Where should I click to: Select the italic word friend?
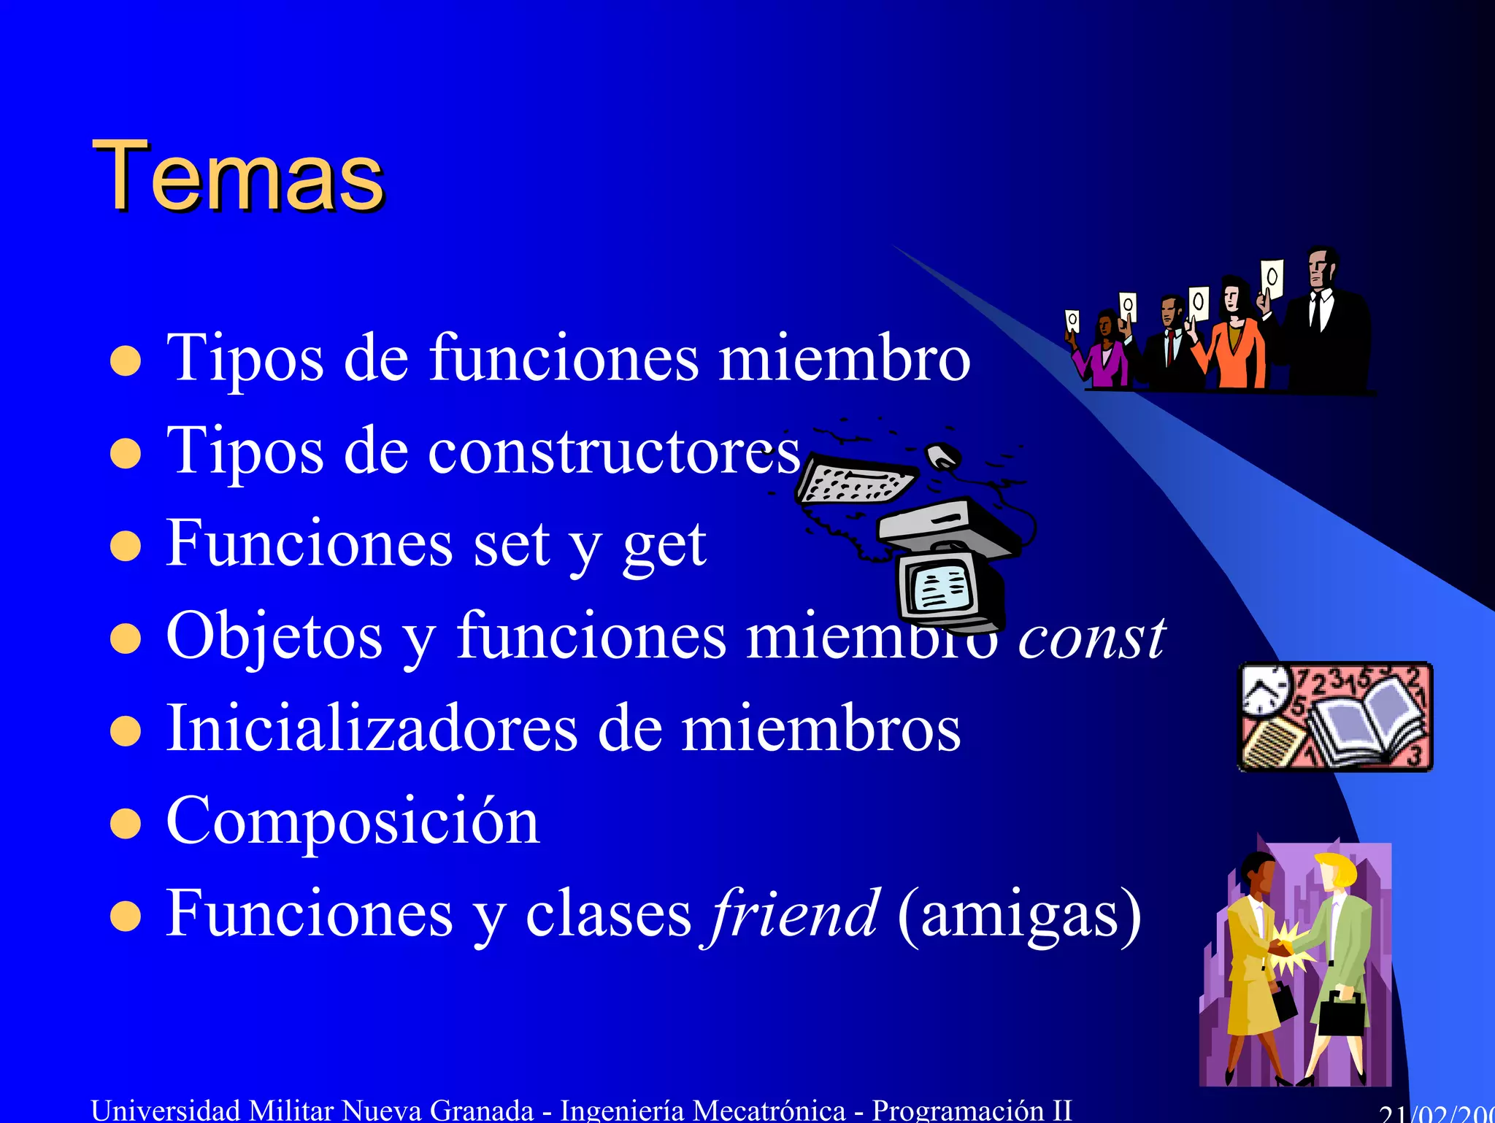pyautogui.click(x=793, y=914)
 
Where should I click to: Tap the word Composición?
pyautogui.click(x=353, y=822)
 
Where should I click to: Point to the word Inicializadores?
pyautogui.click(x=372, y=729)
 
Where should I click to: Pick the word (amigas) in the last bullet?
pyautogui.click(x=1019, y=915)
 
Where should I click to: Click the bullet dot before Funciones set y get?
pyautogui.click(x=126, y=547)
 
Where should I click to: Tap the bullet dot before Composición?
pyautogui.click(x=126, y=824)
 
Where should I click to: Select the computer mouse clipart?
pyautogui.click(x=943, y=456)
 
